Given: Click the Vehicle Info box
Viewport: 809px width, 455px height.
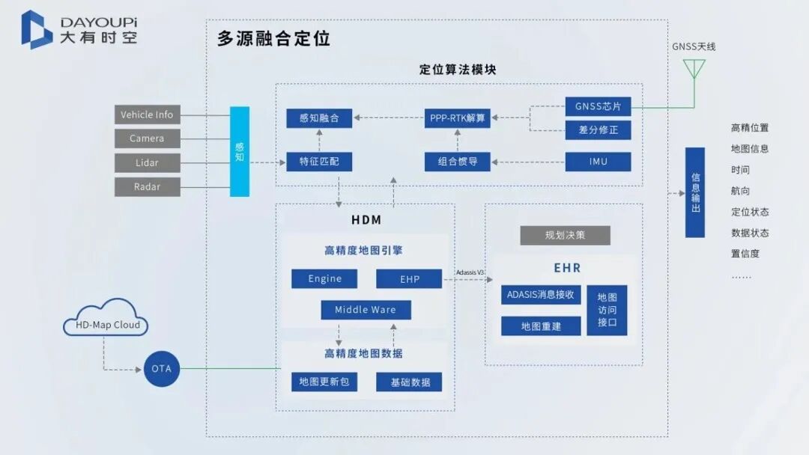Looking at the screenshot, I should (x=147, y=114).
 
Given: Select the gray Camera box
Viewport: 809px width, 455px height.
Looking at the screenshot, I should (x=147, y=138).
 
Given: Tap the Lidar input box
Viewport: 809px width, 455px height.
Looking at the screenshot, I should (x=147, y=162).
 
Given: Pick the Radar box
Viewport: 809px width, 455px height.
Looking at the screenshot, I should (x=147, y=186).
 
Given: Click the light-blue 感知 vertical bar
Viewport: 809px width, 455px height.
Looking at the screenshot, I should (x=240, y=152).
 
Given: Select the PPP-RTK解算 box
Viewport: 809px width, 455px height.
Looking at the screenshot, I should (x=457, y=117).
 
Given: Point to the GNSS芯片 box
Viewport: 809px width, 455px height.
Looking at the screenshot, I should (x=598, y=106).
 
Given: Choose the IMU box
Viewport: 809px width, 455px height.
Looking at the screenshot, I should (x=598, y=162).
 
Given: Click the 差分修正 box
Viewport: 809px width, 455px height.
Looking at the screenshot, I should (x=598, y=130).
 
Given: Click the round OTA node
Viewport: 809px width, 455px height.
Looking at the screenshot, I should (x=162, y=368).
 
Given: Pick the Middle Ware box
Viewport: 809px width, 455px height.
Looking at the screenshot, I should (x=365, y=310).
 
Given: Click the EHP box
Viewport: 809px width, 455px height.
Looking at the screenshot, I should (x=410, y=279).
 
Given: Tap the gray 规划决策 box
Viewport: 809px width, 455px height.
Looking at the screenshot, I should (x=565, y=235).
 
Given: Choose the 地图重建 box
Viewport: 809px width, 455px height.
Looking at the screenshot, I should (x=541, y=326).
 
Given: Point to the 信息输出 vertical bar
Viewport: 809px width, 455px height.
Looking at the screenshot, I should (x=695, y=192).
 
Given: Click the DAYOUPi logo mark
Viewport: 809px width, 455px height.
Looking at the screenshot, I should (x=36, y=29).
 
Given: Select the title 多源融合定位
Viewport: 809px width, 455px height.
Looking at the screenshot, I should (x=273, y=39).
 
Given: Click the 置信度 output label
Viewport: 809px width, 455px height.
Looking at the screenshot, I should (x=745, y=254).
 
